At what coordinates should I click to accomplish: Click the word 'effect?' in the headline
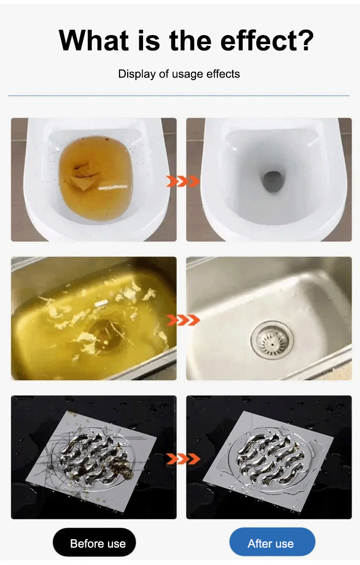click(267, 40)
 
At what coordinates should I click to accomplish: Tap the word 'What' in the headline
click(94, 40)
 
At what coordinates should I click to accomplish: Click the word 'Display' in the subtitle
click(137, 74)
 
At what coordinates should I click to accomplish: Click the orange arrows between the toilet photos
click(183, 181)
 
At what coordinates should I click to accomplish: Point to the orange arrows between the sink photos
click(183, 319)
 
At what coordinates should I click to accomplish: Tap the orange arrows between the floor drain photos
click(183, 459)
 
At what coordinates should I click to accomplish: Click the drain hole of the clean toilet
click(272, 182)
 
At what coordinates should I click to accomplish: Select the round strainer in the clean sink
click(272, 340)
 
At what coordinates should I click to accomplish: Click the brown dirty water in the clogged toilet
click(96, 173)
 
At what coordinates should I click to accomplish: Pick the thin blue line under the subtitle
click(179, 96)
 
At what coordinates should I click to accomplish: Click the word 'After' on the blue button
click(259, 543)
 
